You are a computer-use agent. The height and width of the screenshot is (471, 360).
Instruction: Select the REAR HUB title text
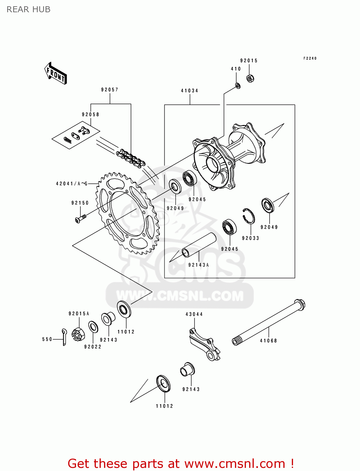coord(29,10)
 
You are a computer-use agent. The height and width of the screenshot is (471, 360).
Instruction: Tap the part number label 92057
coord(110,90)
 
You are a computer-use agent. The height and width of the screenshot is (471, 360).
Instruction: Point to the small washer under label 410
coord(238,85)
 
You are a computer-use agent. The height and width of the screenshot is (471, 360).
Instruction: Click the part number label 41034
coord(189,91)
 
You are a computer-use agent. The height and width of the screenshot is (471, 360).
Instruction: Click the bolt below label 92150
coord(80,218)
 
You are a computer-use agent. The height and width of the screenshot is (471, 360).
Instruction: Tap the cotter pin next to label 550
coord(64,337)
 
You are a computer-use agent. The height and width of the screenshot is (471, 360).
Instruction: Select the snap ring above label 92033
coord(249,216)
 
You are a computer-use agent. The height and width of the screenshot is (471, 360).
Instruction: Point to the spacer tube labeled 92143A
coord(199,245)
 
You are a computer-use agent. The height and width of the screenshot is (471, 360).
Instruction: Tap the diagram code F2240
coord(310,58)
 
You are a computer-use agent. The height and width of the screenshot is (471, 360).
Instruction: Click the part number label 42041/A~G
coord(72,184)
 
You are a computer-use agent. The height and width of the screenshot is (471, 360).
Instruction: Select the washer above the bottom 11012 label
coord(163,383)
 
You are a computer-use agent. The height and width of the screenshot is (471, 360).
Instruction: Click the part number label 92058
coord(90,115)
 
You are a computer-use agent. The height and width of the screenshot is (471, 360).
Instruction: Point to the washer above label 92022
coord(93,327)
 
